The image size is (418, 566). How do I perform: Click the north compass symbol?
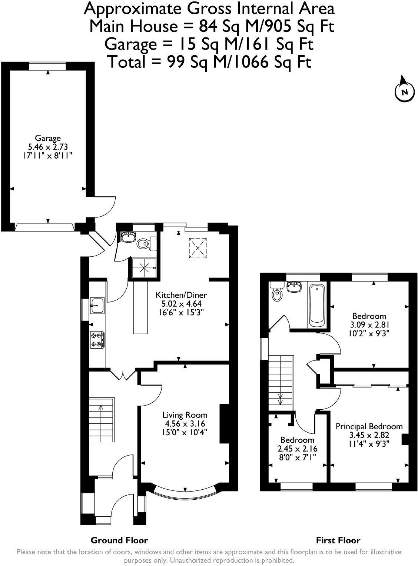(404, 91)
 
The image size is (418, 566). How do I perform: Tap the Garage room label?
(48, 139)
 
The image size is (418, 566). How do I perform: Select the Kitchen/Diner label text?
(181, 295)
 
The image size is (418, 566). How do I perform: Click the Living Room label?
(185, 415)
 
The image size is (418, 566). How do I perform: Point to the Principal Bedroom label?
(369, 426)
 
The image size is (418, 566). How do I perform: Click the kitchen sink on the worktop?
(97, 306)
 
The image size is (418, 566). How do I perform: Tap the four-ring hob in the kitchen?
(97, 340)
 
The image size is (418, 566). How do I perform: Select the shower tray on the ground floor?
(145, 267)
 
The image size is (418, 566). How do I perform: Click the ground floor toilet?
(144, 243)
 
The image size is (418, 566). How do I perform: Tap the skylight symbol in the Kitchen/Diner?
(198, 247)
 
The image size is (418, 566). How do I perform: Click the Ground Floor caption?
(119, 540)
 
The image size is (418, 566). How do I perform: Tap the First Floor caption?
(338, 540)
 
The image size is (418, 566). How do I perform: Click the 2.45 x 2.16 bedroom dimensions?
(297, 449)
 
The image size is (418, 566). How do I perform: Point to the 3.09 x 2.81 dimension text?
(369, 325)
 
